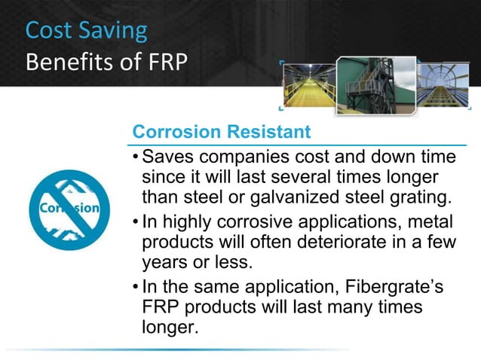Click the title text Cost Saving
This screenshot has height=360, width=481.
[86, 30]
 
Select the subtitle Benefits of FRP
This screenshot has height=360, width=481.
[105, 61]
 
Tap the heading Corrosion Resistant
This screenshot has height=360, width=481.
[221, 132]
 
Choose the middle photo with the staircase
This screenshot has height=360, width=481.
[372, 84]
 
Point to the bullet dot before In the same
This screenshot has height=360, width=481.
[134, 290]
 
